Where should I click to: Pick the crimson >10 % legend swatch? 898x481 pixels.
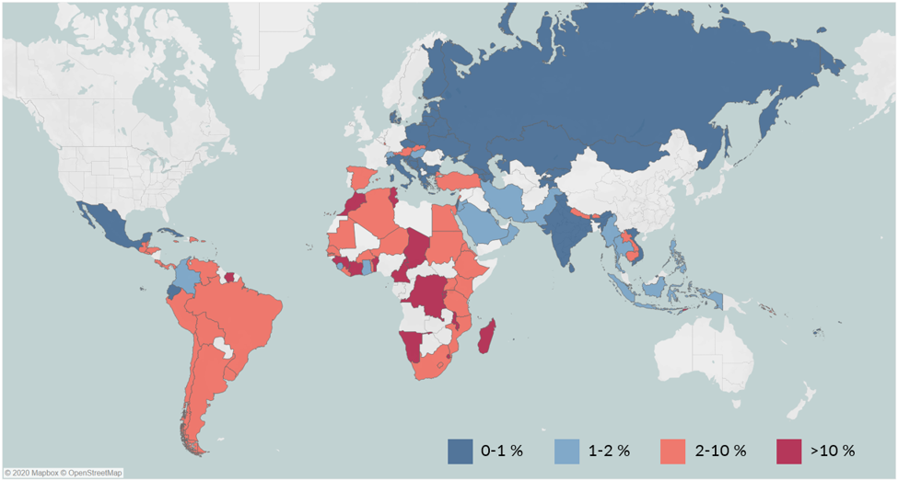point(787,451)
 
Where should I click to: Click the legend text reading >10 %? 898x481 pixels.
point(835,451)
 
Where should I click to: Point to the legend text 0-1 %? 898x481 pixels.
point(502,451)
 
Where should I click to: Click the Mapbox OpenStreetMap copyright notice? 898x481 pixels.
point(63,474)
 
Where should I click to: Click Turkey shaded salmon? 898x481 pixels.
point(455,179)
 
